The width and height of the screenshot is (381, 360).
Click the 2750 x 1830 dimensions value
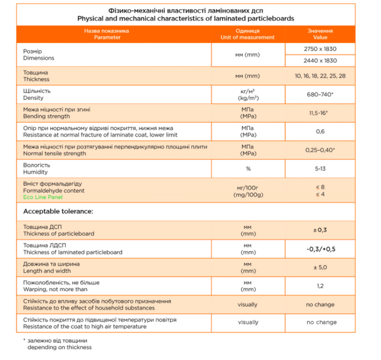click(x=320, y=49)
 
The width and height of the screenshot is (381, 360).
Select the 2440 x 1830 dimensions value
click(x=320, y=61)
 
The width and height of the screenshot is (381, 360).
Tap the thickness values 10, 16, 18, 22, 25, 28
click(x=320, y=76)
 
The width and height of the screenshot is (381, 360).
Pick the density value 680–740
click(x=319, y=95)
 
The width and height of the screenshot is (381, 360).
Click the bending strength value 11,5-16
click(x=320, y=113)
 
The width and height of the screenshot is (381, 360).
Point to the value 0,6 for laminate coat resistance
click(x=320, y=131)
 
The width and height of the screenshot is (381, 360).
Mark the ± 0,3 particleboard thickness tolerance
click(x=320, y=230)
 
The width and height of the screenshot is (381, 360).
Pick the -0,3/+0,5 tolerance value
click(x=320, y=249)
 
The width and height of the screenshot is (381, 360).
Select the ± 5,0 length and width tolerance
click(x=320, y=267)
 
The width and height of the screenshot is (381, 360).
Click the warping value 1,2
click(x=320, y=285)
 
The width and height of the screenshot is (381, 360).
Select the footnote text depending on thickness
click(x=55, y=346)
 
